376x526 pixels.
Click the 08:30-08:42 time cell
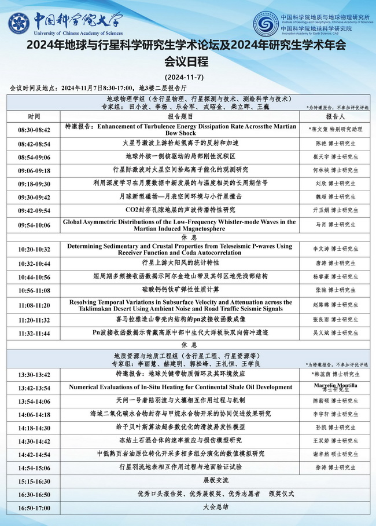[x=34, y=129]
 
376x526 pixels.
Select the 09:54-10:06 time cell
[x=34, y=225]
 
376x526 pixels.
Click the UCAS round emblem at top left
[x=20, y=23]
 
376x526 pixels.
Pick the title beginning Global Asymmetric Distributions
[x=187, y=225]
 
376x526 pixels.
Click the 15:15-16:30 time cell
[x=34, y=481]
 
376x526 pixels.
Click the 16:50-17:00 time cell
[x=34, y=506]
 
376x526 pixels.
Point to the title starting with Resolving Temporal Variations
[x=180, y=306]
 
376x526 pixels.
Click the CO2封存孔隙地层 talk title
[x=180, y=209]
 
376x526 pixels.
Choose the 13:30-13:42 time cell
[x=34, y=375]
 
